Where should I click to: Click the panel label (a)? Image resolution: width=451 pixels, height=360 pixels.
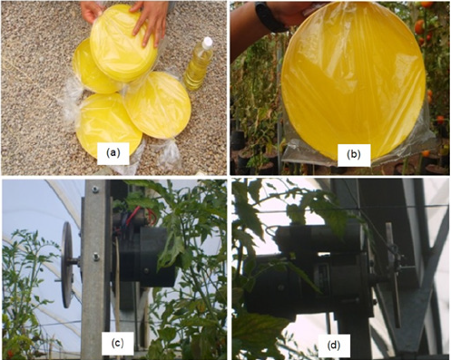click(113, 153)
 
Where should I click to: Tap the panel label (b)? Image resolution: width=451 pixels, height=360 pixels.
click(354, 155)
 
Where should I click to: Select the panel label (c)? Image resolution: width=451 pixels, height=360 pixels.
click(117, 343)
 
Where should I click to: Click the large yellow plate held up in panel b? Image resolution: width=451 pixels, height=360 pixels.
click(353, 81)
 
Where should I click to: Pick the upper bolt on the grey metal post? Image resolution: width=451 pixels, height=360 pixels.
click(95, 190)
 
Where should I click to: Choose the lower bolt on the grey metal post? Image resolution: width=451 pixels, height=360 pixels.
click(96, 257)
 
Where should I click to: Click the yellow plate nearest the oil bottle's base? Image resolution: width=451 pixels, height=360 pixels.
click(158, 104)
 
